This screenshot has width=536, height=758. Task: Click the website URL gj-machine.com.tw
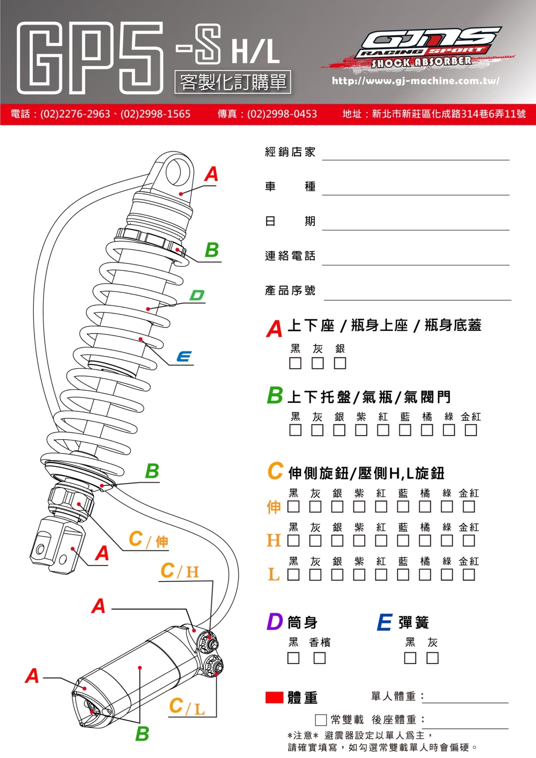(x=416, y=81)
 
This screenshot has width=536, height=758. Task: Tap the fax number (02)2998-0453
(x=267, y=114)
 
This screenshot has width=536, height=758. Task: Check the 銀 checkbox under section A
(x=340, y=363)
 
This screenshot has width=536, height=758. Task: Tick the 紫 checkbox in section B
(x=361, y=430)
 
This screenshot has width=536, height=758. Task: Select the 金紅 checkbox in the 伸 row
(x=469, y=506)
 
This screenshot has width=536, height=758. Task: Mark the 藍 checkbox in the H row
(x=403, y=540)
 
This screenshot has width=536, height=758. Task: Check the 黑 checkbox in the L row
(x=293, y=574)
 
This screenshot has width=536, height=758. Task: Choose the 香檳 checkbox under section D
(x=319, y=658)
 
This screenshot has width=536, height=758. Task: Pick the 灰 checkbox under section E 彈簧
(x=432, y=658)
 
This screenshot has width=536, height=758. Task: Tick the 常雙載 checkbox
(x=321, y=720)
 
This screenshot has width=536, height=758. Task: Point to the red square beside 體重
(x=274, y=697)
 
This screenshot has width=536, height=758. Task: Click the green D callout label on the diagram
(x=197, y=295)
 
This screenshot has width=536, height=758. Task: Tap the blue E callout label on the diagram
(x=184, y=356)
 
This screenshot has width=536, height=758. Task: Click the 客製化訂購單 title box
(x=233, y=82)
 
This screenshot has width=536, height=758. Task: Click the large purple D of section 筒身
(x=274, y=622)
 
